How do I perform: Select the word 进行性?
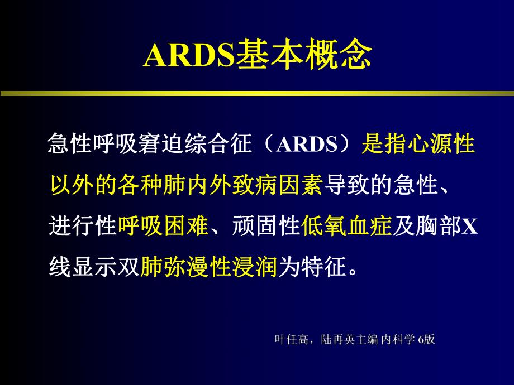(x=83, y=226)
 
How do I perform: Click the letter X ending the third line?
(x=470, y=226)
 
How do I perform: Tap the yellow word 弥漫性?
(x=197, y=266)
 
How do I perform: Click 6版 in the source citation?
(x=426, y=339)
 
